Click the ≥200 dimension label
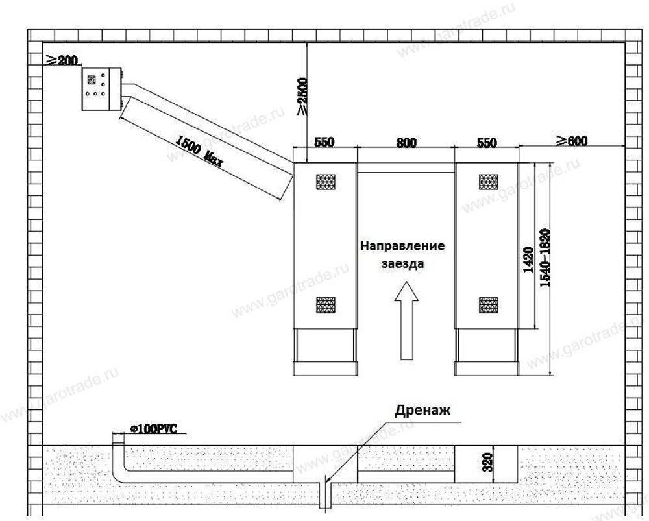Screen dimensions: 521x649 [61, 61]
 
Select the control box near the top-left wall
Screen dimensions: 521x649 [101, 90]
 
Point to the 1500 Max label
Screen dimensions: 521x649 [199, 150]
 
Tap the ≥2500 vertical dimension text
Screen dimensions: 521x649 [302, 97]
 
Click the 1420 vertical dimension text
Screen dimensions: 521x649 [528, 260]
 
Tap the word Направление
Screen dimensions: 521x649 [402, 247]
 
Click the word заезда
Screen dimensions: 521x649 [402, 264]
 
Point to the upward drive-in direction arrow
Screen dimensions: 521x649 [406, 319]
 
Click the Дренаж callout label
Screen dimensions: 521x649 [422, 410]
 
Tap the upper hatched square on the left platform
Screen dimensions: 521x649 [325, 182]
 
